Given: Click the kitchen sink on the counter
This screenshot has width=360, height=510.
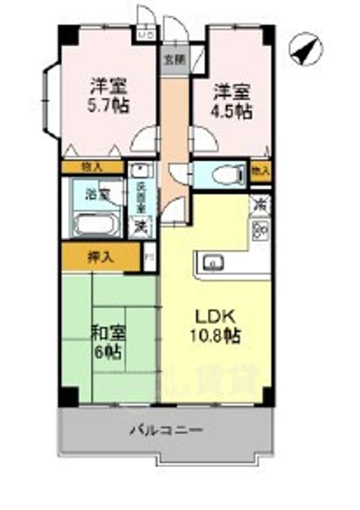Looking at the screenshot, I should [212, 264].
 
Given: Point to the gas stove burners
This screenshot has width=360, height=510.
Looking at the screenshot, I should [260, 229].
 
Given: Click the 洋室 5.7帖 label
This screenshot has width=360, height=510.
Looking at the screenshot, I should [108, 98].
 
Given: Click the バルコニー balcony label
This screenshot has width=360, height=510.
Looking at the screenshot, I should [167, 429].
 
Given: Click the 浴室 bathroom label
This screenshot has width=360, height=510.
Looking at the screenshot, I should [98, 193].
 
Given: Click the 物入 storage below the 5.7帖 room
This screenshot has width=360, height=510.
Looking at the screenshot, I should [92, 167].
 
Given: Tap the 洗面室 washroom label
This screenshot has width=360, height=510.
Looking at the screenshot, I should [141, 198].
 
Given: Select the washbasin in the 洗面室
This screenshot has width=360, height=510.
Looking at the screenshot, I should [140, 170].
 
